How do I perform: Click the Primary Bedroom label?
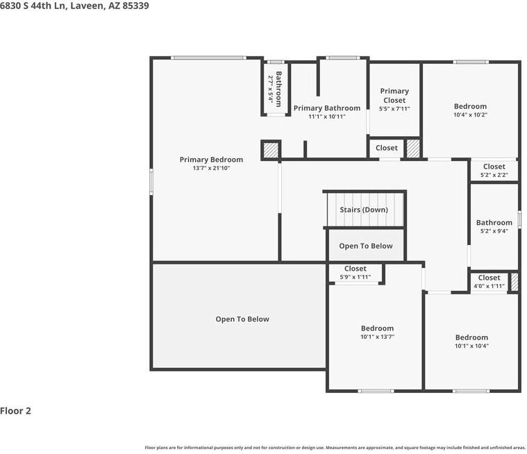pos(211,160)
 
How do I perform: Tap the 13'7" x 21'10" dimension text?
pos(211,168)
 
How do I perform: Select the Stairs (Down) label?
pos(364,210)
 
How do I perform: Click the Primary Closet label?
pos(394,96)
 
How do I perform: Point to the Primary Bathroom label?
pos(327,108)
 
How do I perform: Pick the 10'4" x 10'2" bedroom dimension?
pos(470,115)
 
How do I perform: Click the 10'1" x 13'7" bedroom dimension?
pos(377,337)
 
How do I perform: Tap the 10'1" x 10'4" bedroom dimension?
pos(471,346)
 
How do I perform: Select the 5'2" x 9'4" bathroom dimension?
pos(494,231)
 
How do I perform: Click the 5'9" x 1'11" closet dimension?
pos(355,277)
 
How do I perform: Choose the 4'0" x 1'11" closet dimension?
pos(489,286)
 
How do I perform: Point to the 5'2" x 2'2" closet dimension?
pos(494,175)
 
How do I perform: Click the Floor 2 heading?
pos(15,411)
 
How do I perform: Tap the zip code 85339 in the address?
pos(136,6)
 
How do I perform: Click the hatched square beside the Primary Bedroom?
pos(271,150)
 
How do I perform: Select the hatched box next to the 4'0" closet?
pos(515,282)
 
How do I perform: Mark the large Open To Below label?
pos(242,319)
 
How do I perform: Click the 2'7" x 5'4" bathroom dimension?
pos(270,89)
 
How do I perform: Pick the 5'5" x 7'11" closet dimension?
pos(394,109)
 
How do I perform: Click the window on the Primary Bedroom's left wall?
pos(151,181)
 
